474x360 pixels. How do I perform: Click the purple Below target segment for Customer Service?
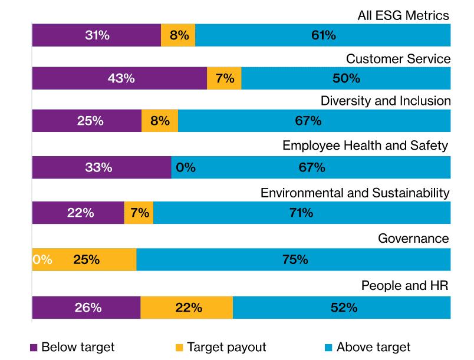(119, 78)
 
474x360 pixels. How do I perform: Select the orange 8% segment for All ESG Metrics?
(178, 35)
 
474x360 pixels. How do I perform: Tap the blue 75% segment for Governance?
(294, 260)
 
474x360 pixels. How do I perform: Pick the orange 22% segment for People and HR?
(186, 308)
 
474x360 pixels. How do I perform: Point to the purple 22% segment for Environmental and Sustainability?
(78, 213)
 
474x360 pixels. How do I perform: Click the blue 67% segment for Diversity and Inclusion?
(314, 121)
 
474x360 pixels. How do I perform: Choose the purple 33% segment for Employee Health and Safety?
(101, 167)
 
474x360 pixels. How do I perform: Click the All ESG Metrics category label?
(404, 15)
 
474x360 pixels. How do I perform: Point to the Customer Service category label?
(398, 59)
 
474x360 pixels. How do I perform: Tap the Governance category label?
(413, 239)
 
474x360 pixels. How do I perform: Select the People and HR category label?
(405, 286)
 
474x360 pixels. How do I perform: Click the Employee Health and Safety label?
(365, 146)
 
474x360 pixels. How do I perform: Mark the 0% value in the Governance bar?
(42, 260)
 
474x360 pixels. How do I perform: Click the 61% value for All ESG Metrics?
(323, 35)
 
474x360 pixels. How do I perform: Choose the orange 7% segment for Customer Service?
(225, 78)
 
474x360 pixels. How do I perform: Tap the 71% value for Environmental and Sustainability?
(301, 213)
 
